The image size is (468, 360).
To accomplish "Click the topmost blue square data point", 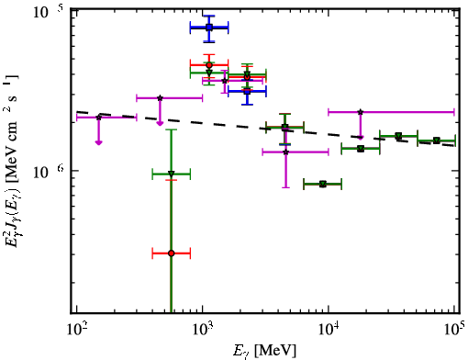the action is tap(209, 28).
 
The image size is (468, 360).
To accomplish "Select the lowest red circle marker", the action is tap(172, 253).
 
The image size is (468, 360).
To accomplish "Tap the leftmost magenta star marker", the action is tap(98, 118).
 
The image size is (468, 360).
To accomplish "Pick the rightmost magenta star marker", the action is tap(361, 112).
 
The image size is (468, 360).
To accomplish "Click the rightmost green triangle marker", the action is tap(437, 141).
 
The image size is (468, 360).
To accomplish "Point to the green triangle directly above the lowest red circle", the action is tap(172, 174).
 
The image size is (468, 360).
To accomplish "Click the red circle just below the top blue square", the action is tap(209, 65).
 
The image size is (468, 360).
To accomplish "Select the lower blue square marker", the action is tap(247, 91).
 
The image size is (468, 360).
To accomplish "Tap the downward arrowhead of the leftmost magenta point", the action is tap(98, 142).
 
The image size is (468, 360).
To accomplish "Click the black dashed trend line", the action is tap(266, 129).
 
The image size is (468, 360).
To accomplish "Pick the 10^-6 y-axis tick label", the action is tap(49, 172).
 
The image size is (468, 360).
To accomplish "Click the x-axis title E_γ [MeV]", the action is tap(264, 351).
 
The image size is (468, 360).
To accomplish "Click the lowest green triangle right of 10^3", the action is tap(323, 184).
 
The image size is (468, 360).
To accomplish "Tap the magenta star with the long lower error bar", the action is tap(285, 152).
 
